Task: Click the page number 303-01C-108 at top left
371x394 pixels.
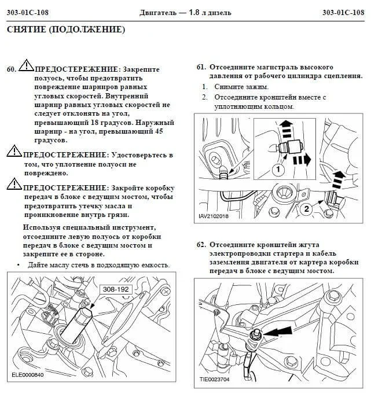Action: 31,12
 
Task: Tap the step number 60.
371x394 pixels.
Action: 12,69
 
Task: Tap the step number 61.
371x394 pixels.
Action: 201,67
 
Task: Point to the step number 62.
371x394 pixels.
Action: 201,245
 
